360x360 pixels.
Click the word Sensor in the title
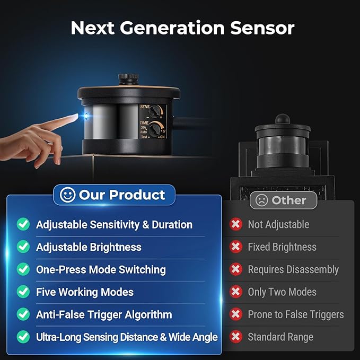[262, 28]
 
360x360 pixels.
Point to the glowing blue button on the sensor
[86, 116]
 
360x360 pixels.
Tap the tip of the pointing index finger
[77, 116]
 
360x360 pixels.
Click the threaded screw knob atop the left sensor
[128, 79]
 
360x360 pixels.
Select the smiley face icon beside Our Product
[67, 195]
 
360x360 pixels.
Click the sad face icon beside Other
[262, 200]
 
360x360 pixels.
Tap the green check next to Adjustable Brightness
[23, 247]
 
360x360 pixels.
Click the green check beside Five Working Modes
[23, 292]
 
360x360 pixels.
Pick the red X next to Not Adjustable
[236, 224]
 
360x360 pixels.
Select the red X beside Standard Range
[236, 337]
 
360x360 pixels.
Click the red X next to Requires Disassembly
[236, 269]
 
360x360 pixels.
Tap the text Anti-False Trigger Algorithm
[104, 314]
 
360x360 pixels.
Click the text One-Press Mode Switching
[101, 270]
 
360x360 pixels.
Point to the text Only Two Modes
[282, 292]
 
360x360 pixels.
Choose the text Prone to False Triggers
[296, 314]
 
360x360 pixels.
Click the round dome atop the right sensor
[283, 119]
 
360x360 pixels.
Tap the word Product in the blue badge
[137, 195]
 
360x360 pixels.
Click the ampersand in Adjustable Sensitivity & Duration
[146, 225]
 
